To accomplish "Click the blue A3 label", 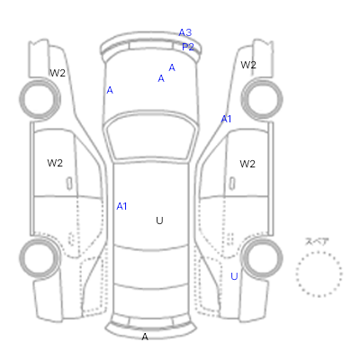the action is coord(185,32).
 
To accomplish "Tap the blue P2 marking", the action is coord(188,47).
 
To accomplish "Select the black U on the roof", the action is coord(159,220).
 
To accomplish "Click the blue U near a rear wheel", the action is coord(234,276).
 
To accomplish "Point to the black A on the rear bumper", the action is coord(145,337).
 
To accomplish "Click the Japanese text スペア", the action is coord(317,241).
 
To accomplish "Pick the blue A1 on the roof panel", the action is coord(121,206).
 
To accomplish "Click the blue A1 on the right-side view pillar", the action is coord(226,120).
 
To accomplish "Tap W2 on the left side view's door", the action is coord(55,163).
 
